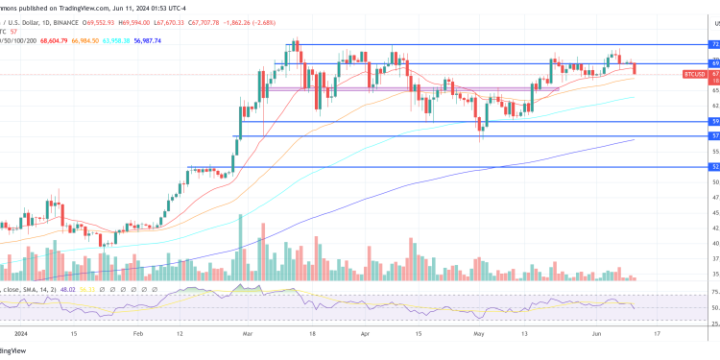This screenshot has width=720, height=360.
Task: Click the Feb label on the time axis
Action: [x=136, y=333]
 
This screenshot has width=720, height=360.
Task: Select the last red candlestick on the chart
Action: [x=635, y=68]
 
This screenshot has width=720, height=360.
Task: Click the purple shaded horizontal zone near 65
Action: [x=413, y=88]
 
